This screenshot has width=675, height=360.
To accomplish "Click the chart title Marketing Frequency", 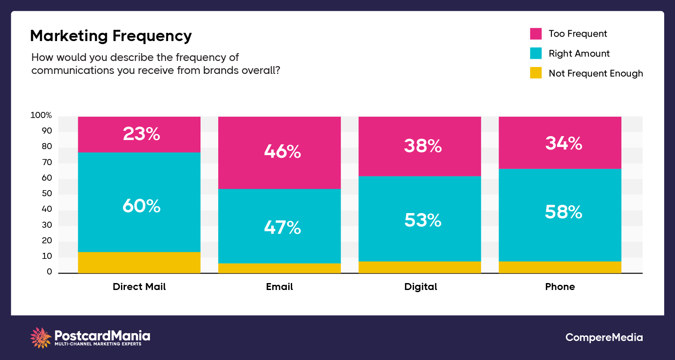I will coord(111,36).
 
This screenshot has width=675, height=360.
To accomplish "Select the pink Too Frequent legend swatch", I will coord(536,34).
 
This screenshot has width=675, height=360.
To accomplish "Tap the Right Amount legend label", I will coord(579,54).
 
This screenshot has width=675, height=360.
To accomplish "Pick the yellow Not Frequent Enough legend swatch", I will coord(536,73).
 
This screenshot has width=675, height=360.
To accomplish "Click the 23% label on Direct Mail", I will coord(141,134).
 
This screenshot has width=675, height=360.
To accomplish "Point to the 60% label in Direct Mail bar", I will coord(141,206).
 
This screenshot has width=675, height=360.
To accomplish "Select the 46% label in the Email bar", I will coord(282,152).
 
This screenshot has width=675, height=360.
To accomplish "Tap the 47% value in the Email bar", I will coord(282,227).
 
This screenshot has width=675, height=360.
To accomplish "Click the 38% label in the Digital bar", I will coord(423,146).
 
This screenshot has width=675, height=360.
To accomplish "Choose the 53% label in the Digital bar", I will coord(423,220).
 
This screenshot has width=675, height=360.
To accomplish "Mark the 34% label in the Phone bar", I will coord(564,143).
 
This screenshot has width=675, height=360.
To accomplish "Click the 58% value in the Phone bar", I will coord(564,212).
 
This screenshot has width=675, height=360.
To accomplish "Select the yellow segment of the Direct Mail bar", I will coord(139,262).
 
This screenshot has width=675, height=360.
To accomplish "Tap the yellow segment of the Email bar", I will coord(279,268).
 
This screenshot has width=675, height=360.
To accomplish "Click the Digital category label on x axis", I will coord(420,287).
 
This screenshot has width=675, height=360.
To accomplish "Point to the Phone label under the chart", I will coord(560,287).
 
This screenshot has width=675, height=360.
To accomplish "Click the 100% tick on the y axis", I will coord(41,115).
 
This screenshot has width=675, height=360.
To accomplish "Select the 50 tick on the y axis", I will coord(47,194).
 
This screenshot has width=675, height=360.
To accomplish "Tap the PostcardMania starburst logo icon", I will coord(41,338).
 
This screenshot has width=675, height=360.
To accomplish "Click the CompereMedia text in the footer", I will coord(604,338).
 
